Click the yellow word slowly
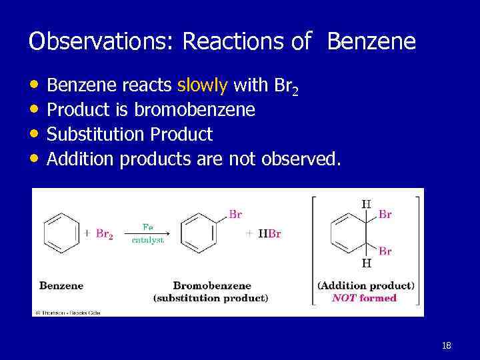[203, 85]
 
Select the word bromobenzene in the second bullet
[195, 110]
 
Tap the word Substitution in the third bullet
[97, 135]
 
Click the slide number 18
[447, 345]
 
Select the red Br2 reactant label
[104, 234]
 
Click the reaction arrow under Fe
[148, 233]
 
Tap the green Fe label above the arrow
[148, 225]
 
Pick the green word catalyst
[148, 240]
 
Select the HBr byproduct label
[270, 234]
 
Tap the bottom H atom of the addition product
[366, 263]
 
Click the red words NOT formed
[364, 298]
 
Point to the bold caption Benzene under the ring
[61, 285]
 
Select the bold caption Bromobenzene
[210, 285]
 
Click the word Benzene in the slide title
[371, 42]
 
